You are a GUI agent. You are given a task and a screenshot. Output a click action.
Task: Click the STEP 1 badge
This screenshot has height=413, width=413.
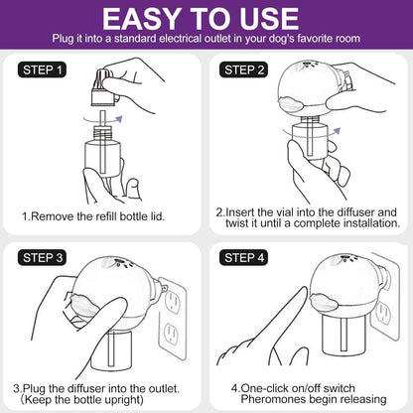point(42,70)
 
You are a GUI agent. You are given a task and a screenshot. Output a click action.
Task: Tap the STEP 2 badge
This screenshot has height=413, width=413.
point(243,70)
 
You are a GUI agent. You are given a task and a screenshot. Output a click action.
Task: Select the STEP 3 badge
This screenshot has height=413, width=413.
point(42,258)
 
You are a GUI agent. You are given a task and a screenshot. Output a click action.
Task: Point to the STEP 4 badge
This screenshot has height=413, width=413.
point(243,258)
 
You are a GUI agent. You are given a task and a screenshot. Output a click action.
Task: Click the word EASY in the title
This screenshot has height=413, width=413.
point(142,19)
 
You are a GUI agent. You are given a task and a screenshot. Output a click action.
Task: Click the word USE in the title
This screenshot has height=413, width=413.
point(269,19)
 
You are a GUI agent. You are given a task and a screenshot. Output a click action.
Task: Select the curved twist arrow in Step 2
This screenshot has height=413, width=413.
point(312,134)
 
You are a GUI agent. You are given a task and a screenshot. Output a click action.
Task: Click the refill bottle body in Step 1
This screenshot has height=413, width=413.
point(102,153)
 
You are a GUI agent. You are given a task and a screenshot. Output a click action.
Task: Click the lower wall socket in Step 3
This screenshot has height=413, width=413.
point(171,334)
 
